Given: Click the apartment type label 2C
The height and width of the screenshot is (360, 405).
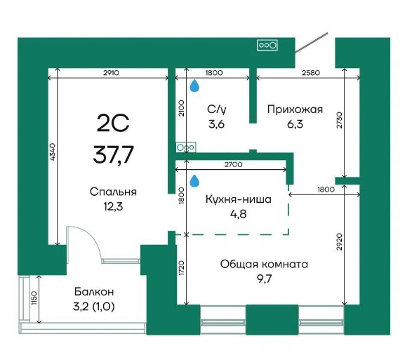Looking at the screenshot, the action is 113,123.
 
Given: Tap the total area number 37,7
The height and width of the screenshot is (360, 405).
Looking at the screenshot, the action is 113,154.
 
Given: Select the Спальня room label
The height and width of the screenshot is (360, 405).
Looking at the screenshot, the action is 113,192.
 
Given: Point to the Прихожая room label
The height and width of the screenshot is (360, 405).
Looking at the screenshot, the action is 295,109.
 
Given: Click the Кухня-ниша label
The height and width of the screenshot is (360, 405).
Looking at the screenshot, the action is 239,199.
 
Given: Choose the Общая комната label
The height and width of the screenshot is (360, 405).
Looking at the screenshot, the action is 264,265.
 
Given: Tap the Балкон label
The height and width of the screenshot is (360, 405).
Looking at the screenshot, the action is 94,292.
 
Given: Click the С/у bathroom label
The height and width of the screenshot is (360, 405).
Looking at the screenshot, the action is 217,109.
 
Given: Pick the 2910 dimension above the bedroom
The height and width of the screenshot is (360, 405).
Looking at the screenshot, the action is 111,73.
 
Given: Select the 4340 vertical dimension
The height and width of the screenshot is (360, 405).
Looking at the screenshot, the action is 52,152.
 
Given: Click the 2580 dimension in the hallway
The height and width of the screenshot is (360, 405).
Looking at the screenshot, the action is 311,73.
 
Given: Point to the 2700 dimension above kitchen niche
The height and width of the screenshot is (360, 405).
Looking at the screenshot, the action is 233,164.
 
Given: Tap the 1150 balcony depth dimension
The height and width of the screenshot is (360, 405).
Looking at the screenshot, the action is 34,298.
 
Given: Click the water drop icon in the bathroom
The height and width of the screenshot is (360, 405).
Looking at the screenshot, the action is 194,86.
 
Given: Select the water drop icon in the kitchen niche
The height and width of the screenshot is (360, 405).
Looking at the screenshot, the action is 194,181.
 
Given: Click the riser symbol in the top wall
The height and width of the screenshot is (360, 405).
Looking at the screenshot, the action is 267,45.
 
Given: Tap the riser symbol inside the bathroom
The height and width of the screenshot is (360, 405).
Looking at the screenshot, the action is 186,147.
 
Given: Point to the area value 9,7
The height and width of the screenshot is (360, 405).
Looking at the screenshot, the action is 264,279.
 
